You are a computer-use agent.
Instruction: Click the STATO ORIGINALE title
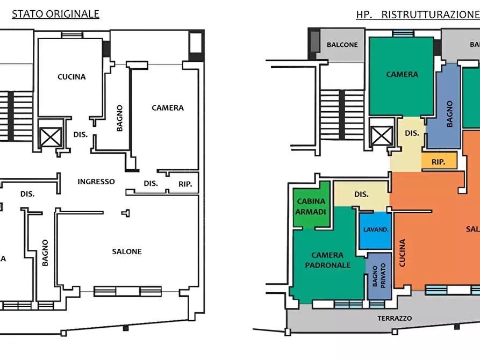coord(55,14)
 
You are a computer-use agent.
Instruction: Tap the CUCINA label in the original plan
coord(71,77)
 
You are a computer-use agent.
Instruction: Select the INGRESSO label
coord(96,182)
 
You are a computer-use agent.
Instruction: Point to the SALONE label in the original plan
coord(127,251)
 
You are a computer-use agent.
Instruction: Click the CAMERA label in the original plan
coord(168,108)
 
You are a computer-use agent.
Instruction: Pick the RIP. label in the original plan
coord(186,184)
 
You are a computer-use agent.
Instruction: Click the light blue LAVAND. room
coord(375,230)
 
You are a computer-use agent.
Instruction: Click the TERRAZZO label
coord(395,319)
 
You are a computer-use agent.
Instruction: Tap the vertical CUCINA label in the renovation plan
coord(402,253)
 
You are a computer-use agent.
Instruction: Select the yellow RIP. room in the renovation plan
coord(439,161)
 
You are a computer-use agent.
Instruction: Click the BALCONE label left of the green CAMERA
coord(342,45)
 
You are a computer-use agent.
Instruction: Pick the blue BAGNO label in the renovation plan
coord(449,114)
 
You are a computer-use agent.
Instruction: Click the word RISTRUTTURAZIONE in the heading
coord(430,15)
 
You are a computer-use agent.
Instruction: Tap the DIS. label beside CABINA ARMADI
coord(361,194)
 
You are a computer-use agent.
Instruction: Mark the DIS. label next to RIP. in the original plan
coord(151,184)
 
